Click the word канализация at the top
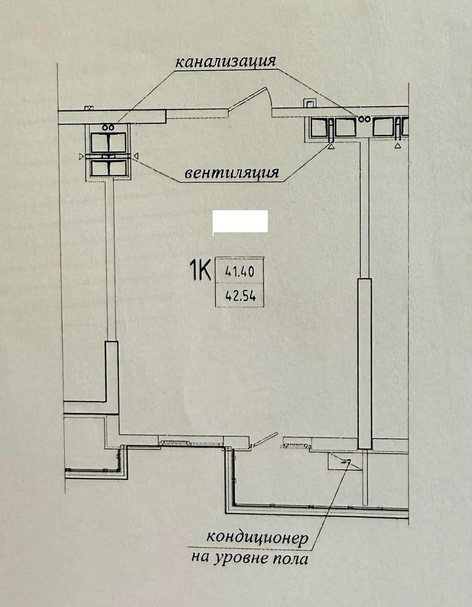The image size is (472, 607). [226, 62]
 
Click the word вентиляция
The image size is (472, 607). [232, 173]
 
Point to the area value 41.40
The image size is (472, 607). [240, 271]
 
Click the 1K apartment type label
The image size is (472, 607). [200, 270]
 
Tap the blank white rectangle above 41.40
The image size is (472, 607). [240, 221]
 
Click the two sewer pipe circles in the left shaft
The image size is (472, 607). [107, 128]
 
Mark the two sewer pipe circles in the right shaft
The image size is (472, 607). [365, 119]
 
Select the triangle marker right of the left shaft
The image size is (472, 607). [136, 157]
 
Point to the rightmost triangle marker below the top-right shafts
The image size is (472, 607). [398, 145]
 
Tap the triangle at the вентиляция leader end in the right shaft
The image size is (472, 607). [331, 145]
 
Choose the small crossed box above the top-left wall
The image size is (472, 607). [89, 108]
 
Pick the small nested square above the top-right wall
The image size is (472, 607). [309, 103]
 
